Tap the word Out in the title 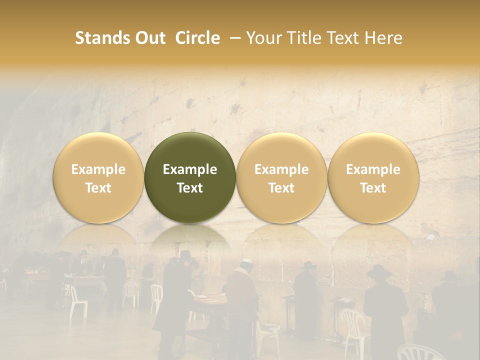point(150,38)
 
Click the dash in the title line point(236,38)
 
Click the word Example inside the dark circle point(190,169)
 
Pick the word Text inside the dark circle point(190,188)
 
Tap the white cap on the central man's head point(245,262)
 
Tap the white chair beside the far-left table point(78,300)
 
